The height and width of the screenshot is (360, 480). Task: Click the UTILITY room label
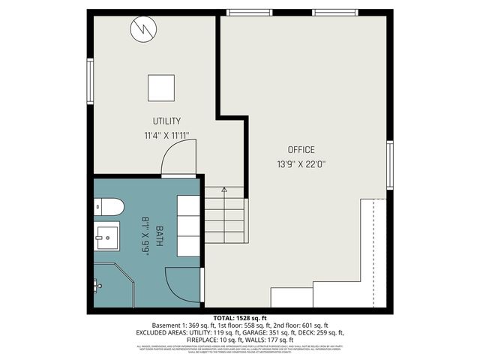[x=166, y=121]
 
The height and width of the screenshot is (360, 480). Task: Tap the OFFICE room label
[x=301, y=149]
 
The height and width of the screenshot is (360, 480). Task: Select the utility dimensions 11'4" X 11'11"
[x=166, y=136]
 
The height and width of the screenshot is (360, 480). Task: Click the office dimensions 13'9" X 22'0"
[x=301, y=163]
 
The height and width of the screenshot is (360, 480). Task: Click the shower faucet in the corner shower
[x=97, y=285]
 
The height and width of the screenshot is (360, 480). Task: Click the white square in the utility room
[x=160, y=87]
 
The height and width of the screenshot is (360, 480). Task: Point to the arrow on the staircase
[x=223, y=190]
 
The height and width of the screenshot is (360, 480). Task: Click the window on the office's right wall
[x=389, y=166]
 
